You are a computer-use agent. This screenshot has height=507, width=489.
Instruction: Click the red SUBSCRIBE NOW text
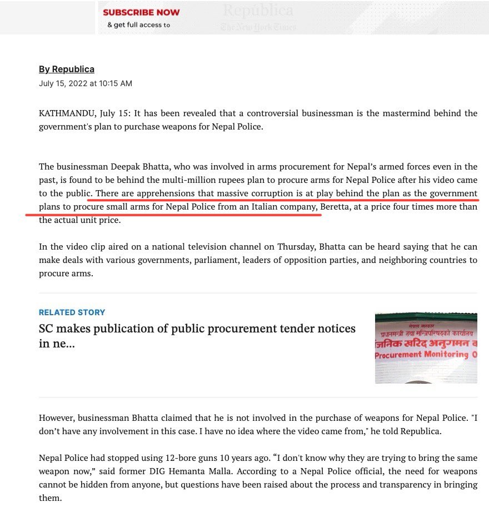[141, 12]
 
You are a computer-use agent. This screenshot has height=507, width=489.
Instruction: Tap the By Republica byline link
[67, 69]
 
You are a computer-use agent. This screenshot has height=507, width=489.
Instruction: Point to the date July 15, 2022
[61, 83]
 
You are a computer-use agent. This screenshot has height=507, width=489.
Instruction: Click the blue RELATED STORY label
[72, 312]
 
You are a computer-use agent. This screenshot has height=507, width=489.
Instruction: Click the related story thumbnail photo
[426, 348]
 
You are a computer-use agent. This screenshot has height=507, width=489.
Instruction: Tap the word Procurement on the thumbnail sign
[397, 355]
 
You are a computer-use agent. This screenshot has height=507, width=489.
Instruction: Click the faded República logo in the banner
[258, 10]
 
